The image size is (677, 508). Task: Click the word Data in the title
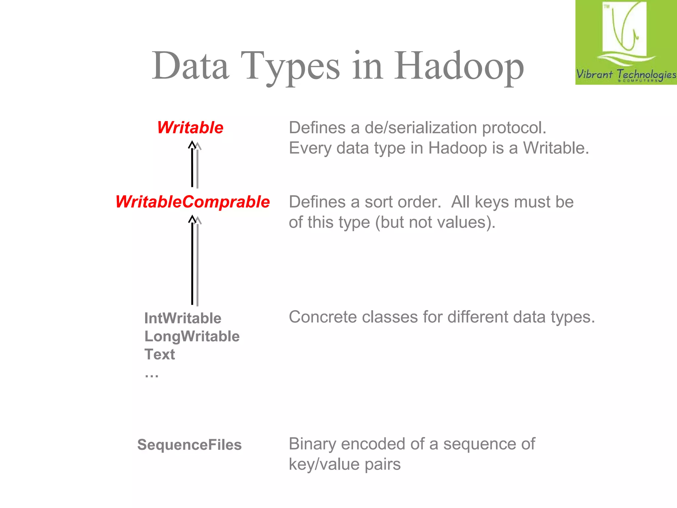pos(190,66)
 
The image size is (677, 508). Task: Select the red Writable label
pos(190,128)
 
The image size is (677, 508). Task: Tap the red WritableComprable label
pos(192,202)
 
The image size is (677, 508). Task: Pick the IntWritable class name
pos(183,318)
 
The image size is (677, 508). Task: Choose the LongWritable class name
pos(192,336)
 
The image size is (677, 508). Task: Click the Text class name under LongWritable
pos(160,354)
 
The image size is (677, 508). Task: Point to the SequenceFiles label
pos(189,445)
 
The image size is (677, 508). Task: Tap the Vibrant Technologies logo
pos(626,42)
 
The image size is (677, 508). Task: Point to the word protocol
pos(514,128)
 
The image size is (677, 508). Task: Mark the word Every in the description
pos(310,148)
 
